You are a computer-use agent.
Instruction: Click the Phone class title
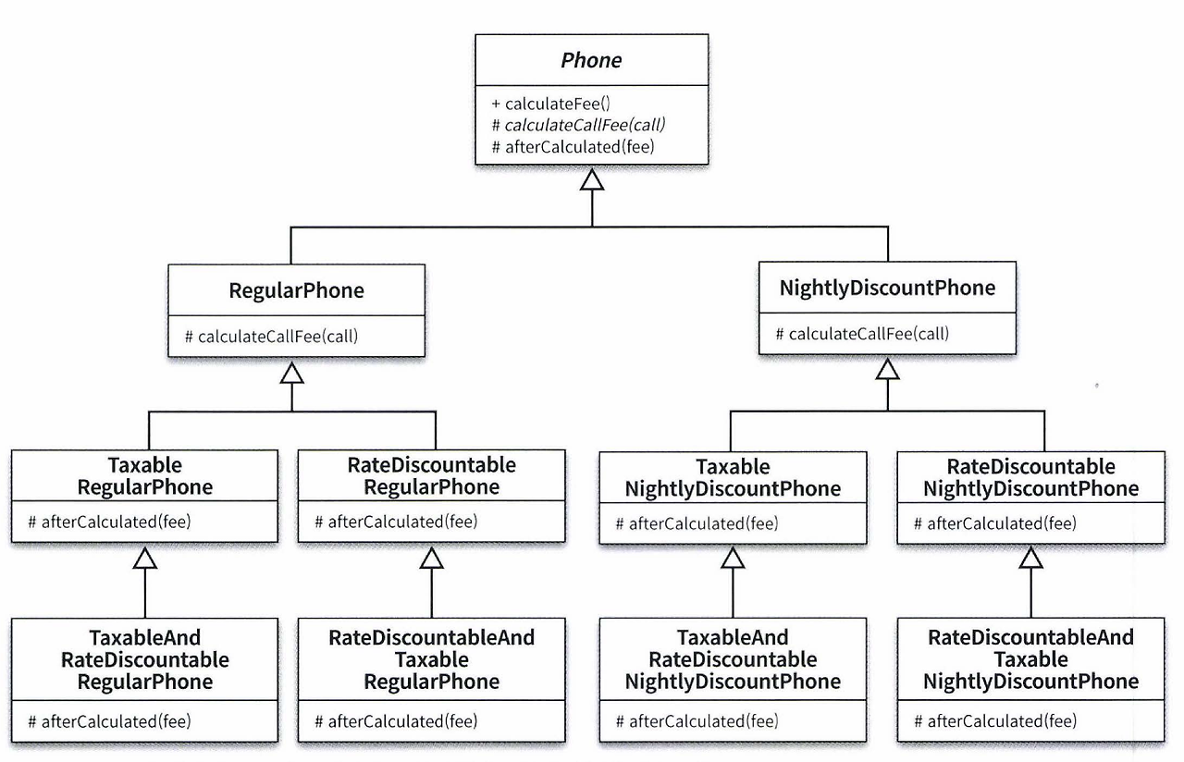(x=591, y=60)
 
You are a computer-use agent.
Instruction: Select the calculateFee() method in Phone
(x=550, y=104)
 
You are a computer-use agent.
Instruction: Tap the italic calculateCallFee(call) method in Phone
(x=578, y=125)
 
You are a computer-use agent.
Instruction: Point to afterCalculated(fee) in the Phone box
(x=573, y=147)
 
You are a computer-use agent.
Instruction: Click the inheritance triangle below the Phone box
(x=591, y=179)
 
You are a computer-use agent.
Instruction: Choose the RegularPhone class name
(x=297, y=290)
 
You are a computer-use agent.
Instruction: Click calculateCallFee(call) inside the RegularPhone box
(x=271, y=337)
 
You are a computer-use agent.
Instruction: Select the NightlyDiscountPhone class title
(x=887, y=288)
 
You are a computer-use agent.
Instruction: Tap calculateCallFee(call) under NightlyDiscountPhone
(x=862, y=334)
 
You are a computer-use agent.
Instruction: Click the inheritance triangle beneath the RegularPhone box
(x=292, y=373)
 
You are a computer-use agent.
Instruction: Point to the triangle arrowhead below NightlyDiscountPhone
(x=887, y=369)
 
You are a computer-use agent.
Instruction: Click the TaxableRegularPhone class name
(x=145, y=476)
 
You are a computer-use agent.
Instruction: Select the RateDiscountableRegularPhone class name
(x=431, y=476)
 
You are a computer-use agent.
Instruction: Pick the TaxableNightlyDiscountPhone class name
(x=733, y=478)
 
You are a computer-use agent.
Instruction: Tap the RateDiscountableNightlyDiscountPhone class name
(x=1030, y=478)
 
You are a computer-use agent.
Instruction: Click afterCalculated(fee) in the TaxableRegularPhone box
(x=109, y=522)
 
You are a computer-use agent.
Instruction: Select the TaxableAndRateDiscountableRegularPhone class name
(x=145, y=659)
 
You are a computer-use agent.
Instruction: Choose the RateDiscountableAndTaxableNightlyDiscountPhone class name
(x=1030, y=659)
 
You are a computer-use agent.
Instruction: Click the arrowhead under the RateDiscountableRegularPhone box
(x=431, y=558)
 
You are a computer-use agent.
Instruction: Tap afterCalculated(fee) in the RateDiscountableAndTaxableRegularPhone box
(x=396, y=721)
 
